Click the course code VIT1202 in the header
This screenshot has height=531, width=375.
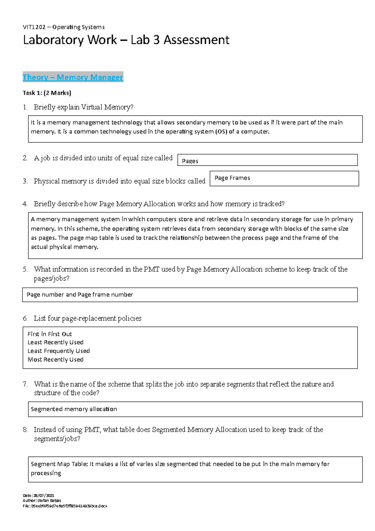(34, 27)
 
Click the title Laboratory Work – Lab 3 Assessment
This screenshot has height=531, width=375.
(126, 40)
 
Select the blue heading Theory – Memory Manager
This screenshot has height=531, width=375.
(73, 77)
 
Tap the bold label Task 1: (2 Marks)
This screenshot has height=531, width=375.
(47, 93)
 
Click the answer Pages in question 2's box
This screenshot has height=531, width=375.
(190, 161)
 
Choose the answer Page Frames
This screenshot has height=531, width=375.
(232, 178)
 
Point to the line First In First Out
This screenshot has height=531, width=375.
(50, 334)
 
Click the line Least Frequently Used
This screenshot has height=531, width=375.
(59, 351)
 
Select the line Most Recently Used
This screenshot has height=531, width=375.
(56, 360)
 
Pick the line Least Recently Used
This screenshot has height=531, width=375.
(56, 342)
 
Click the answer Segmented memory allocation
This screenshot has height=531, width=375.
(74, 409)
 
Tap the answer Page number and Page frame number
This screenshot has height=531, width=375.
(80, 295)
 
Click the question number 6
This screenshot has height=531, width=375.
(25, 318)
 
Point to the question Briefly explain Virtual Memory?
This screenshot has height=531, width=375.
(83, 107)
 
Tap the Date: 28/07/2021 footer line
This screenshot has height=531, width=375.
(38, 495)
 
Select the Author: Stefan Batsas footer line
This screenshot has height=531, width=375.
(42, 500)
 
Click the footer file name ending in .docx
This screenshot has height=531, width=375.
(65, 506)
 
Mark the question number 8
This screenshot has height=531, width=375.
(25, 430)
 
